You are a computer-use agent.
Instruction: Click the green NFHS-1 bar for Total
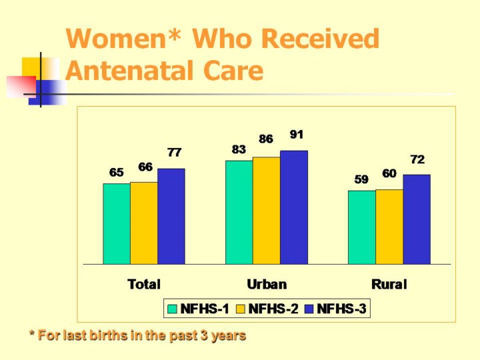(x=117, y=223)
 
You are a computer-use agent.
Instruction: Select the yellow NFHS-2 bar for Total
(x=144, y=223)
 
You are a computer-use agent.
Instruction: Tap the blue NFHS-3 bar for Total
(x=171, y=216)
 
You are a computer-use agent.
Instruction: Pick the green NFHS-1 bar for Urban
(x=239, y=212)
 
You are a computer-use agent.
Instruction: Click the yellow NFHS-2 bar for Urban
(x=267, y=210)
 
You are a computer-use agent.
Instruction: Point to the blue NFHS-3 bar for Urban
(x=294, y=207)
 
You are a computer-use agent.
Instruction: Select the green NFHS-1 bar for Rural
(x=362, y=227)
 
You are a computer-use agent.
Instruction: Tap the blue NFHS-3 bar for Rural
(x=417, y=219)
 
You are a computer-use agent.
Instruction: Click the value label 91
(x=297, y=135)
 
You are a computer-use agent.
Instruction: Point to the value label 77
(x=175, y=153)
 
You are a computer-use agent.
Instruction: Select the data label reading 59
(x=361, y=179)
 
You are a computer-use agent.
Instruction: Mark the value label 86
(x=266, y=139)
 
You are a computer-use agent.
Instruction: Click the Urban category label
(x=267, y=285)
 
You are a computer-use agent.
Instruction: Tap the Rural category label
(x=389, y=285)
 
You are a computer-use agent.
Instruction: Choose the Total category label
(x=144, y=285)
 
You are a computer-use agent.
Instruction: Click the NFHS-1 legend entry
(x=199, y=309)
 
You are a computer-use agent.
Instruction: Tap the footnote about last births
(x=137, y=335)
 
